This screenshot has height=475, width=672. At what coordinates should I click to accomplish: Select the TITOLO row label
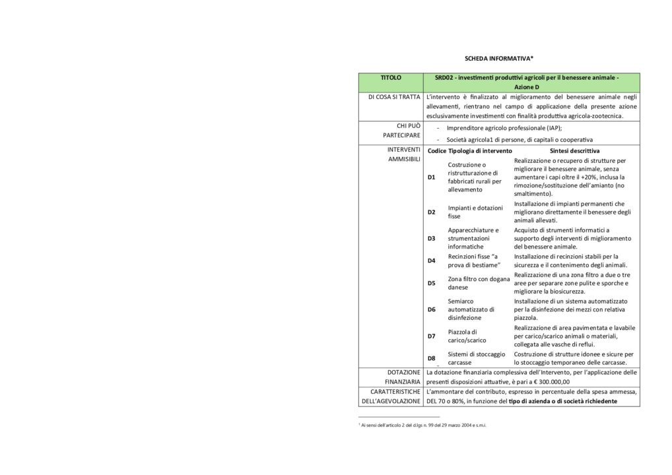coord(391,78)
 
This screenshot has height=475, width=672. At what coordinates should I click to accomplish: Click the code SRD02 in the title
coord(445,78)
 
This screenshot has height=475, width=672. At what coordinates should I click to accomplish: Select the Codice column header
coord(436,151)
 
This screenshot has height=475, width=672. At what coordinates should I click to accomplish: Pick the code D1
coord(431,177)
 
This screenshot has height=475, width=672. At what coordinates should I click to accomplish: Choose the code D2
coord(431,212)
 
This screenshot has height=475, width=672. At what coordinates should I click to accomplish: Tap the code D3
coord(431,238)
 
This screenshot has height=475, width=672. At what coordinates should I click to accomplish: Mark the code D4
coord(431,261)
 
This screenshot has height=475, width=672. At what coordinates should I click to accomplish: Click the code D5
coord(431,283)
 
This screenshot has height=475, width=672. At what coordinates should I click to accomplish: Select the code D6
coord(431,309)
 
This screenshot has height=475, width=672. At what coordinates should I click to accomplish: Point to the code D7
coord(431,336)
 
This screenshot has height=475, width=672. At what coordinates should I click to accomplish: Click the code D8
coord(431,358)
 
